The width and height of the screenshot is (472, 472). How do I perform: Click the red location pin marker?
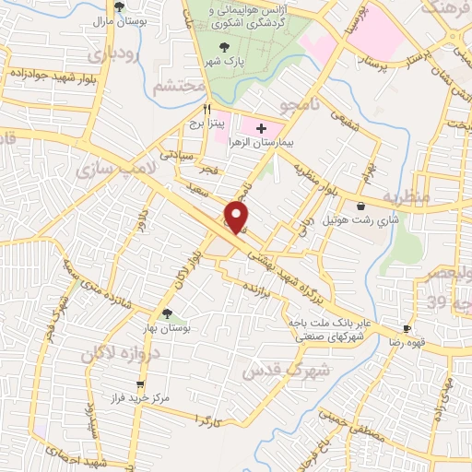239,218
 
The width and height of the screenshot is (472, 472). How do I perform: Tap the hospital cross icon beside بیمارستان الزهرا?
261,129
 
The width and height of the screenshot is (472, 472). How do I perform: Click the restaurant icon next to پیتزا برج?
195,109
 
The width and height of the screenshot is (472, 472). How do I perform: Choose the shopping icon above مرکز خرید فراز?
139,385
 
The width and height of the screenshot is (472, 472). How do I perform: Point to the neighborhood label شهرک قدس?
273,371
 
